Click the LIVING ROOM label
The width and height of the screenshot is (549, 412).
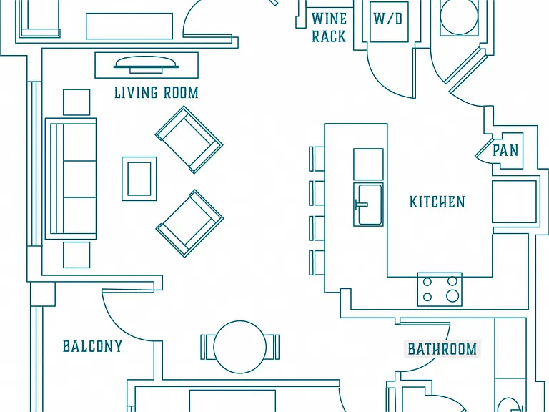pos(156,92)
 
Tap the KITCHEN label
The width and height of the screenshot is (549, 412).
pos(437,202)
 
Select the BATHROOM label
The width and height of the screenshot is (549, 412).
pos(442,349)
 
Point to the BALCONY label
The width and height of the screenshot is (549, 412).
pos(92,346)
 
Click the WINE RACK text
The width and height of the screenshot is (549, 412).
pos(329,27)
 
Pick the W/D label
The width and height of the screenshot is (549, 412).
pos(388,19)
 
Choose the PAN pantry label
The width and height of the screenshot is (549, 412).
pos(505,150)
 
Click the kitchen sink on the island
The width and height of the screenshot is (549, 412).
pos(368,205)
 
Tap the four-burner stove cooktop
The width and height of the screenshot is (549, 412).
pos(440,290)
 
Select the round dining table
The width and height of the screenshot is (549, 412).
pos(240,347)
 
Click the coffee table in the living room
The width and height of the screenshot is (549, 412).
pos(139,179)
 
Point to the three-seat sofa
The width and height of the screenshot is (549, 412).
pos(71,179)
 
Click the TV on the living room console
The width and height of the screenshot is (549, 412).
pos(146,65)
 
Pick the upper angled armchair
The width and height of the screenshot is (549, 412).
pos(189,139)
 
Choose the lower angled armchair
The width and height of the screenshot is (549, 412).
pos(189,223)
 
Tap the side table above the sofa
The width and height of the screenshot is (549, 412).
pos(76,102)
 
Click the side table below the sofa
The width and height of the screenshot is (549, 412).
pos(76,255)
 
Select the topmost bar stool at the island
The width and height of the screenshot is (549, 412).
pos(317,159)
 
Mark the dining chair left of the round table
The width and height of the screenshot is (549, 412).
pos(207,347)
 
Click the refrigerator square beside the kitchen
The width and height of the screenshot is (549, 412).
pos(514,202)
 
